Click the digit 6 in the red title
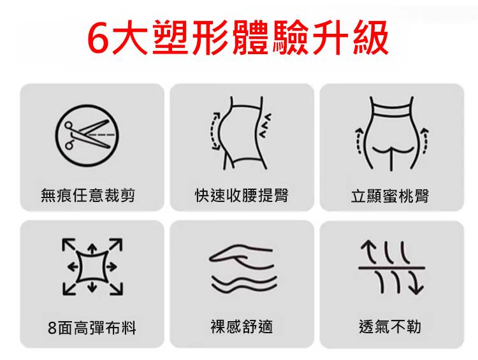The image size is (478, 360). (98, 38)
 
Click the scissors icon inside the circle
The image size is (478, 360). (87, 134)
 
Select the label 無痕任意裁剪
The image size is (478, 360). (88, 195)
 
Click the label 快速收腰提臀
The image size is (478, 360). (242, 195)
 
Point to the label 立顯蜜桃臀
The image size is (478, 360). (390, 196)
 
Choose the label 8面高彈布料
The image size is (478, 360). (92, 328)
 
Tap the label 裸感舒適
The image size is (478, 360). (242, 326)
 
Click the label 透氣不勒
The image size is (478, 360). (390, 326)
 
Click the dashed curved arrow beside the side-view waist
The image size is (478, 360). (212, 131)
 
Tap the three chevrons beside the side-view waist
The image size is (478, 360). (264, 126)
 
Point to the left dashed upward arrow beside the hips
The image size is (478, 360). (358, 141)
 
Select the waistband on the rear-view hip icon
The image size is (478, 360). (391, 110)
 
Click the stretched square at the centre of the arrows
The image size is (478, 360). (92, 267)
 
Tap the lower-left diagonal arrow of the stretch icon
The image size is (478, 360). (69, 289)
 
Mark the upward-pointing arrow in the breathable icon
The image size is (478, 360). (369, 252)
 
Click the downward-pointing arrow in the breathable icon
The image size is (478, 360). (416, 282)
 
